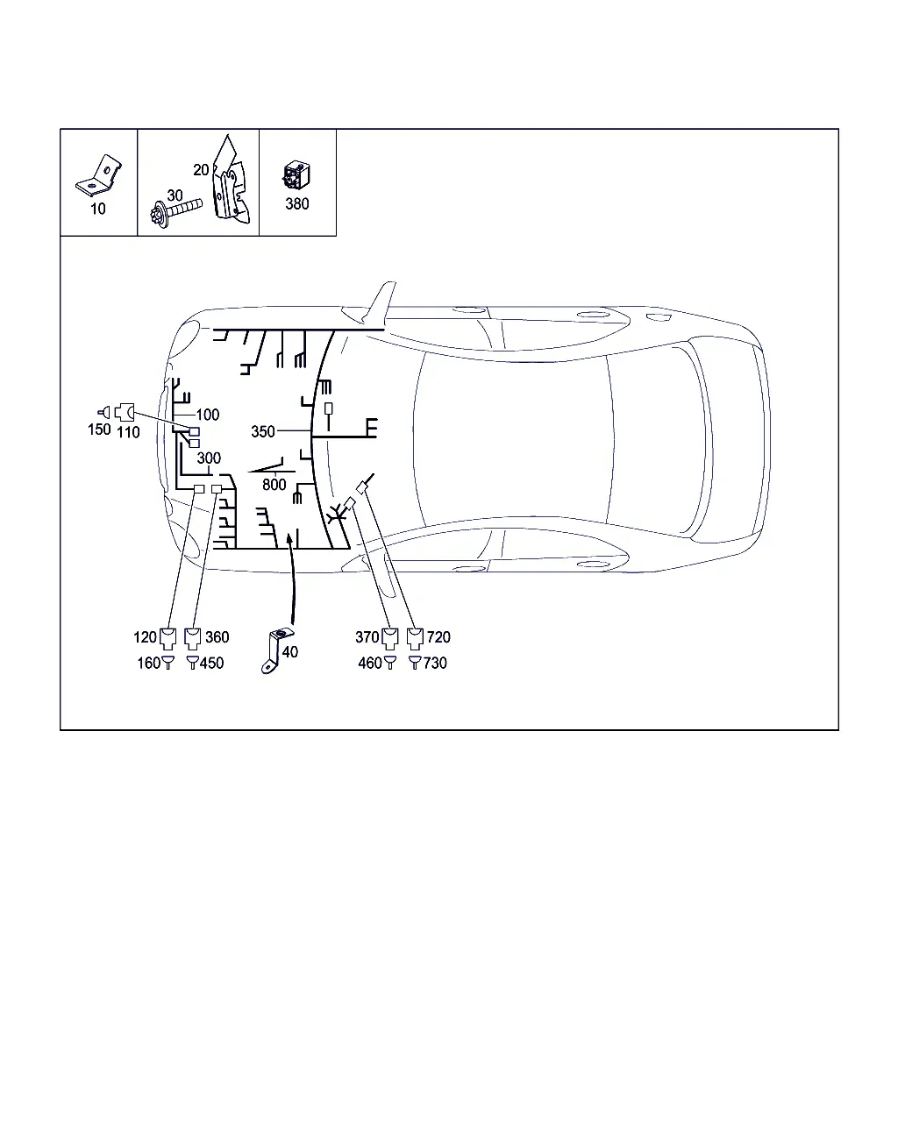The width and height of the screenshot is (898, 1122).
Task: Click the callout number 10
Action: tap(98, 209)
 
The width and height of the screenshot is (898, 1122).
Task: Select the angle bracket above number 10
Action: tap(98, 175)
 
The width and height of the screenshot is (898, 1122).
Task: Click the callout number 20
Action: tap(201, 170)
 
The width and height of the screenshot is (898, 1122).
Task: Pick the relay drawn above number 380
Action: tap(296, 175)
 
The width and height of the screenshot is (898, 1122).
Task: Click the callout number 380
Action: tap(297, 204)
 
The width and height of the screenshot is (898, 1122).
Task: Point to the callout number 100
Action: tap(208, 415)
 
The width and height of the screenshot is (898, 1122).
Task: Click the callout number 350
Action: tap(262, 431)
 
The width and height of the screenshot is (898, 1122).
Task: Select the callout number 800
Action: tap(274, 485)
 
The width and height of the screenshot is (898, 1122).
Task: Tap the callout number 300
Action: tap(209, 458)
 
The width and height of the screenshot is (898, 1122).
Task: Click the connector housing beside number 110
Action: tap(125, 412)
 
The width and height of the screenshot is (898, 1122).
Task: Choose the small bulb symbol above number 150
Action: tap(104, 413)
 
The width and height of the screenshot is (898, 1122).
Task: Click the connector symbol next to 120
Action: tap(167, 637)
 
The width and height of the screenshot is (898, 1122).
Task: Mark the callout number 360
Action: tap(217, 637)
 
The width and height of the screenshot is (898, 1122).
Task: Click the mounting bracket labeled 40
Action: tap(276, 650)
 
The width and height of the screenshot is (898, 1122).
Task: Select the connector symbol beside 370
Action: tap(389, 637)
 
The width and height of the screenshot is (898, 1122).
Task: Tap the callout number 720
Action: tap(438, 637)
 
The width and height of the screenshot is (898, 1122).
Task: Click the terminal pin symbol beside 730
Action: tap(415, 663)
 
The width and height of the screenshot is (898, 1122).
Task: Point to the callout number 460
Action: tap(370, 664)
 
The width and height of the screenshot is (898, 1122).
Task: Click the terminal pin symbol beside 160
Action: tap(167, 663)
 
